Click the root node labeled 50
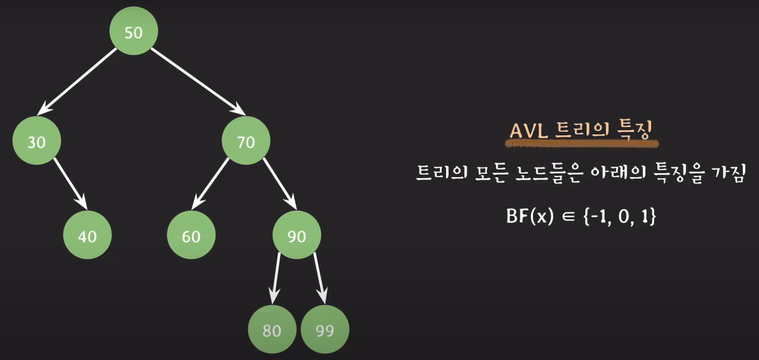(134, 31)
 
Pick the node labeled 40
(87, 235)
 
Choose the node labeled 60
(191, 235)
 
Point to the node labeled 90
(297, 235)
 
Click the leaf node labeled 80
(272, 329)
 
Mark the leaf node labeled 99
(325, 329)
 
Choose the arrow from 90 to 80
(276, 278)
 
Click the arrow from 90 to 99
(319, 278)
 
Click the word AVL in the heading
(528, 130)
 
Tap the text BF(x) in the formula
(530, 216)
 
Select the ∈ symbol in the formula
(568, 216)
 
